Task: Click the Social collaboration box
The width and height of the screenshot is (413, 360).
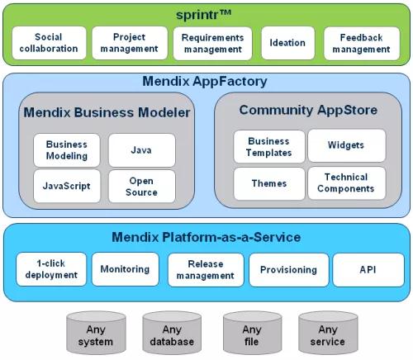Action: [49, 43]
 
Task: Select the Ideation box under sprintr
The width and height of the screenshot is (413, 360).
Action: [287, 43]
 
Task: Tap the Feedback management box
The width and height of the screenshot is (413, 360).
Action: [362, 43]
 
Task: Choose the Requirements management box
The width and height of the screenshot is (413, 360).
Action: [212, 43]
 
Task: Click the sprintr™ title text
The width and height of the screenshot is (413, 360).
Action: [204, 15]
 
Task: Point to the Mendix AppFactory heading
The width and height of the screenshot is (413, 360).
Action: [205, 81]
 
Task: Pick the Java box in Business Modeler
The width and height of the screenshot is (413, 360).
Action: [142, 150]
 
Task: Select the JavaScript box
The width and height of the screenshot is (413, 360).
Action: [67, 186]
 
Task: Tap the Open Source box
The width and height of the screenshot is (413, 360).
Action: [142, 187]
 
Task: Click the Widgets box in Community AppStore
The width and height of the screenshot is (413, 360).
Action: [347, 145]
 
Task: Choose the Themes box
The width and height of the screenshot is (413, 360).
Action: [269, 183]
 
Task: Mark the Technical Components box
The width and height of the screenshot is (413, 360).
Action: [347, 182]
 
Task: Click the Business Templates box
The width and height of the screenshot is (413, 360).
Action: [269, 146]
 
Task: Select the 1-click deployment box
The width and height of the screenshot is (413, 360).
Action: [51, 269]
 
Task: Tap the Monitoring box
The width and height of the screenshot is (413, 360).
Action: [126, 269]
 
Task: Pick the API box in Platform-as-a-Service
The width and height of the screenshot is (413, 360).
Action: [368, 270]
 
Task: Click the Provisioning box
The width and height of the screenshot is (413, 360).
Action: [289, 270]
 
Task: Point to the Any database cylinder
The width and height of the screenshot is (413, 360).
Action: [172, 333]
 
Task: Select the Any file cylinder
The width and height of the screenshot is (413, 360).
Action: [252, 333]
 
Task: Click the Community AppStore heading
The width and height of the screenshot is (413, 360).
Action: [308, 110]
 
